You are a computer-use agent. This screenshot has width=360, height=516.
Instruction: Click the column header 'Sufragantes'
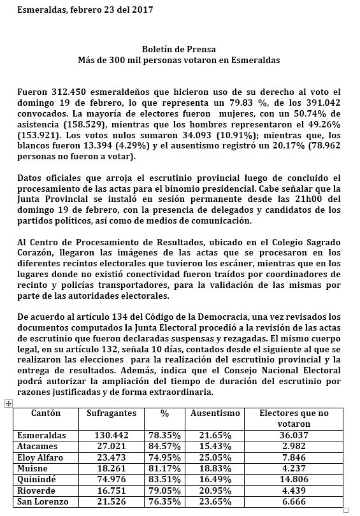(112, 413)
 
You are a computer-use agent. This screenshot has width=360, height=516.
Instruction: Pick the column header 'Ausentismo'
(215, 413)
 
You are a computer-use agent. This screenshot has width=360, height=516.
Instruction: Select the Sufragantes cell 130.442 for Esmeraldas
(112, 434)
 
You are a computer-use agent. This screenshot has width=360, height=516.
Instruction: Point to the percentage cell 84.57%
(164, 446)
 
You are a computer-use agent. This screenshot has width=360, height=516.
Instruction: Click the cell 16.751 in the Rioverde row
(112, 491)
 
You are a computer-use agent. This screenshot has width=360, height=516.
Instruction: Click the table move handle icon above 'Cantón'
(8, 403)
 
